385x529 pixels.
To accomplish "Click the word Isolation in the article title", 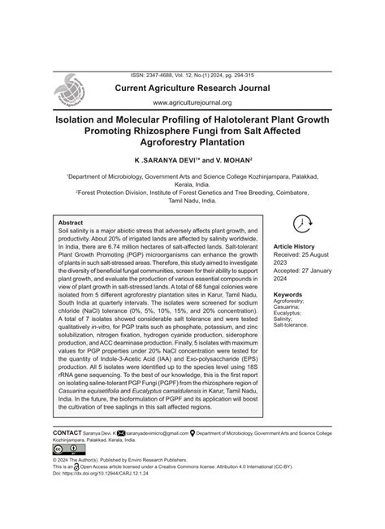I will pos(84,118).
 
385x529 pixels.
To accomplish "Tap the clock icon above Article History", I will pos(301,224).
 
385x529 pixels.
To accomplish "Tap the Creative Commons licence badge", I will pos(63,449).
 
